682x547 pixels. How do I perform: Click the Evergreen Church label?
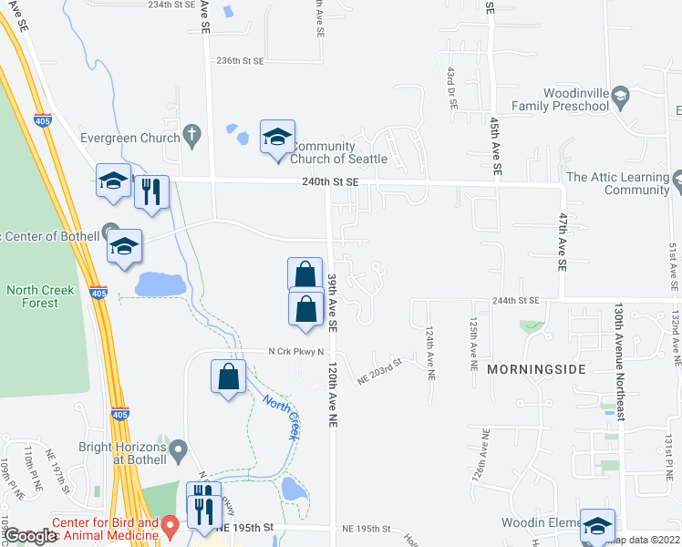tap(130, 139)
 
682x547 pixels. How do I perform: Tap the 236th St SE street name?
tap(240, 60)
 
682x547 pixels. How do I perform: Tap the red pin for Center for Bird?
tap(169, 526)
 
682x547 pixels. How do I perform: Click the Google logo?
tap(30, 536)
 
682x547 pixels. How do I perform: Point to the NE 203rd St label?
tap(380, 374)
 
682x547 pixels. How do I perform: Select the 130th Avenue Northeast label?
tap(620, 362)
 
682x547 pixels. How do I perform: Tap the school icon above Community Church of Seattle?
tap(277, 137)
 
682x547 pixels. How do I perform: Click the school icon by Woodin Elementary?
tap(597, 526)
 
